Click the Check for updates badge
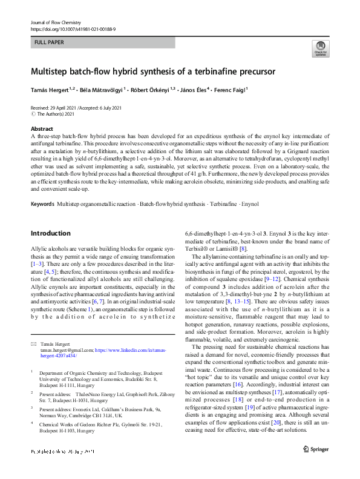point(319,48)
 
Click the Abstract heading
point(42,129)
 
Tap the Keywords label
point(44,203)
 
